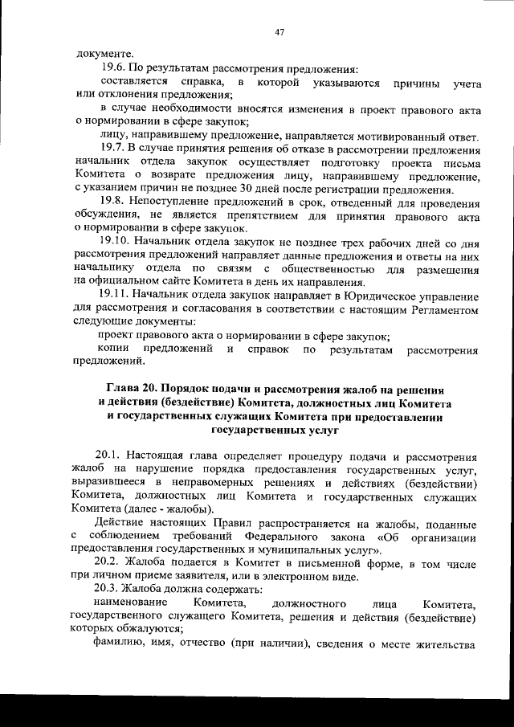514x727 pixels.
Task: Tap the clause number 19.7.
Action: click(x=111, y=149)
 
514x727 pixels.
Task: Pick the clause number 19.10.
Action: click(x=113, y=243)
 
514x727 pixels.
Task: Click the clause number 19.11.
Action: click(x=113, y=296)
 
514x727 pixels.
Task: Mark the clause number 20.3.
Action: click(x=108, y=589)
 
